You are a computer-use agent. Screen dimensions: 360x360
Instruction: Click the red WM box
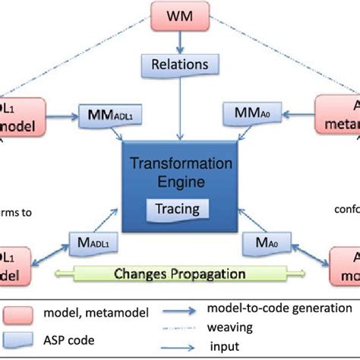[180, 15]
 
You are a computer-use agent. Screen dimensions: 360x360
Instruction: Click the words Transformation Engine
[180, 152]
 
